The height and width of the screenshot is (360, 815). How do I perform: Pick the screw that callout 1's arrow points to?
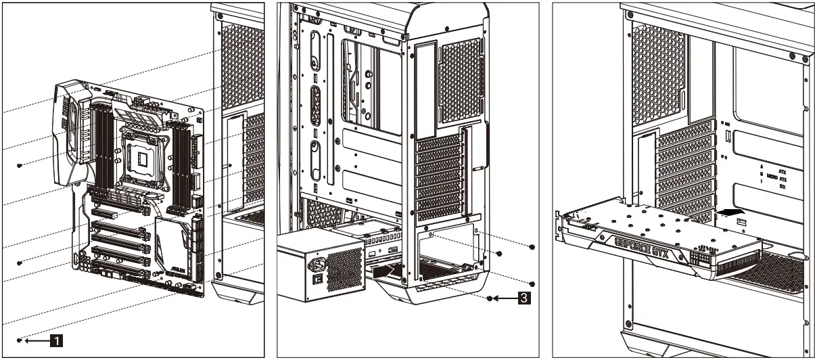point(20,339)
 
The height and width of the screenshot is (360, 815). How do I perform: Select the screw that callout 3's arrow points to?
point(490,297)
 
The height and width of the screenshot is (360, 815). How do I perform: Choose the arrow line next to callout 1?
point(39,340)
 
